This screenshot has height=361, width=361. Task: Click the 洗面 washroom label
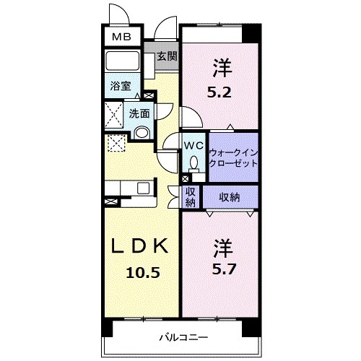139,113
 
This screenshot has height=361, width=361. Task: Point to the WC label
192,145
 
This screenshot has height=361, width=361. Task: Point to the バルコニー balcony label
184,337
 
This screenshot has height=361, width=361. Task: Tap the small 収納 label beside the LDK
191,196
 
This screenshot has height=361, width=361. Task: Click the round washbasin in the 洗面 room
142,132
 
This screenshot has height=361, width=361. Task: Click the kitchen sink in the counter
144,188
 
